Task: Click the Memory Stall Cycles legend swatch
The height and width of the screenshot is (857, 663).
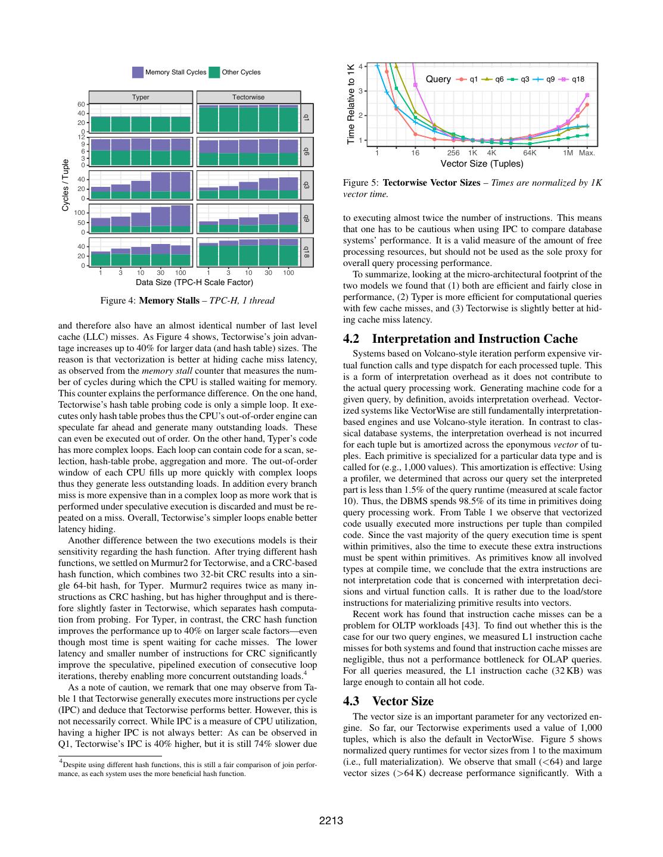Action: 138,72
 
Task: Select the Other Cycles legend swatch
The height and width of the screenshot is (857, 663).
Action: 214,72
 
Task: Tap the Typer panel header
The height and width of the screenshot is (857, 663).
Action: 141,97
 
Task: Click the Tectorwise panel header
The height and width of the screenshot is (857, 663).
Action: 248,97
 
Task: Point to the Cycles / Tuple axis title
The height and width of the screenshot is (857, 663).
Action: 66,184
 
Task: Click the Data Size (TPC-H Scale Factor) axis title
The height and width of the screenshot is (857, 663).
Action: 194,282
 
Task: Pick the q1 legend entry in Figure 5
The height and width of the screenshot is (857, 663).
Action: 468,79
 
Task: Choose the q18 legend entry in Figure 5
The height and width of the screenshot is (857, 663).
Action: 572,79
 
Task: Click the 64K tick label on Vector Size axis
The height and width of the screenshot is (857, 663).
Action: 530,153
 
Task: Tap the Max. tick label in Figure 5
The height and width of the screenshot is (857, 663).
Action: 587,153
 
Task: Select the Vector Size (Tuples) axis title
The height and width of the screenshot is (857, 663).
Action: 481,164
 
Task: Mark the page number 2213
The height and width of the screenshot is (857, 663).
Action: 331,821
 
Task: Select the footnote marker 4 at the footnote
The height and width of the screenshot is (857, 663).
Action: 60,761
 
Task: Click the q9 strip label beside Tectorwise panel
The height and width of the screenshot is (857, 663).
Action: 306,218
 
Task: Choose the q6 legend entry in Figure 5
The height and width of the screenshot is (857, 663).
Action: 494,79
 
